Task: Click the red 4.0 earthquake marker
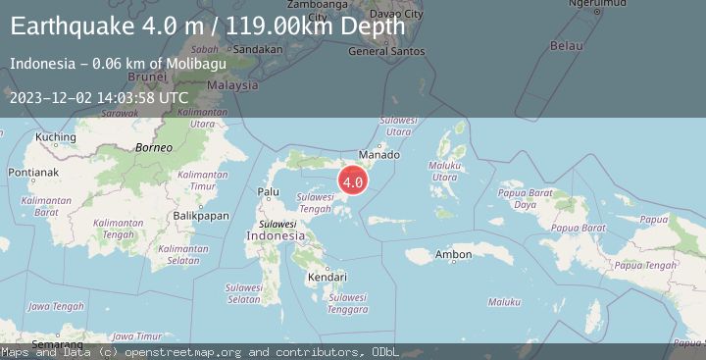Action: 353,180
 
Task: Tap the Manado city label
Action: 379,155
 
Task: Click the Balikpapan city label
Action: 200,215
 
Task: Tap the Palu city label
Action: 268,191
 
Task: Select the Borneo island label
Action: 154,147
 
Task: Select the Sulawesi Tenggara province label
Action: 348,303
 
